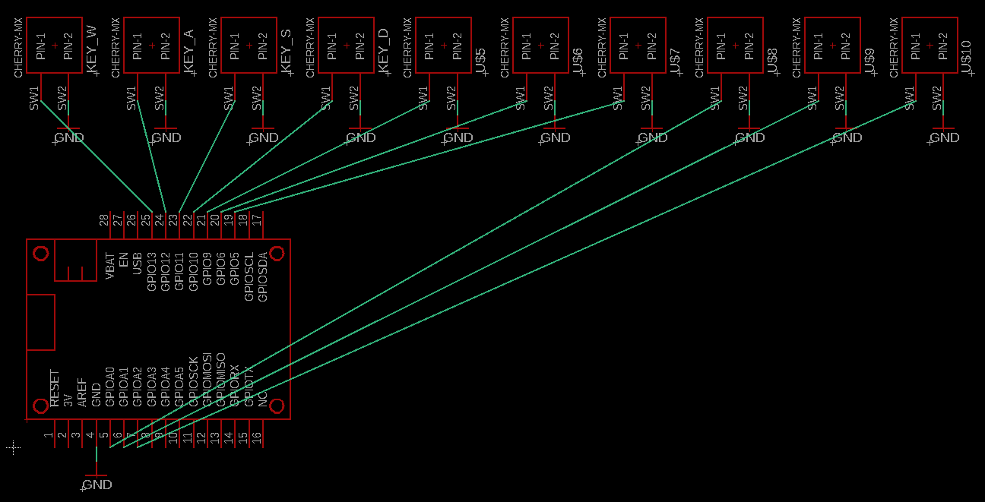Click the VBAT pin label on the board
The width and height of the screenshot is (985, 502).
click(x=109, y=266)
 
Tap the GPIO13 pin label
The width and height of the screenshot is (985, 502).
click(x=151, y=272)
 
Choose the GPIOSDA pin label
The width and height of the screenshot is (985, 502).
click(x=263, y=277)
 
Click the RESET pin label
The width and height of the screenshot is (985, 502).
click(x=55, y=389)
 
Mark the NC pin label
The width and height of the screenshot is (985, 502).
click(x=263, y=399)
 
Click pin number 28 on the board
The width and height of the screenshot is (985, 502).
click(x=104, y=220)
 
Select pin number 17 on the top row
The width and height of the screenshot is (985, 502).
click(x=256, y=220)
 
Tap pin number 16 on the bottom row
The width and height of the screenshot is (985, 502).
click(x=256, y=437)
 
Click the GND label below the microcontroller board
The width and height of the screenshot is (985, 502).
click(x=97, y=485)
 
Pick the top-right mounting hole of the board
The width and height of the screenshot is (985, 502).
click(x=277, y=253)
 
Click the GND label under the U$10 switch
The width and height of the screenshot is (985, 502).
click(x=945, y=137)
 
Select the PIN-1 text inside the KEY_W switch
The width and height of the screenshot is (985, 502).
click(x=41, y=46)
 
